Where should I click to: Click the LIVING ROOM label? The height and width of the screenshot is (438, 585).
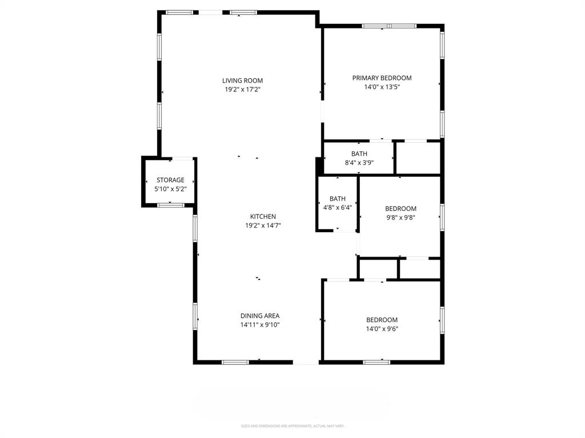pos(242,80)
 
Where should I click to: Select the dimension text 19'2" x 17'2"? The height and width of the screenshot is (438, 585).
pos(242,90)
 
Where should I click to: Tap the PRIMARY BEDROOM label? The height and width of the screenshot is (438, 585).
pos(382,78)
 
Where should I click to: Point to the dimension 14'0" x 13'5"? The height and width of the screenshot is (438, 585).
pos(382,87)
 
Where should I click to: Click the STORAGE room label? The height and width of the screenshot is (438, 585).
pos(170,180)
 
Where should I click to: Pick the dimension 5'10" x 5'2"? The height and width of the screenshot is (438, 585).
pos(170,189)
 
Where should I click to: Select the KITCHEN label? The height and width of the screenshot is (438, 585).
pos(263,217)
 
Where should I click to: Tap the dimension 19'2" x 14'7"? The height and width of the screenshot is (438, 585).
pos(263,226)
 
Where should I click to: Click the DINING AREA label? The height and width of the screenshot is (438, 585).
pos(259,316)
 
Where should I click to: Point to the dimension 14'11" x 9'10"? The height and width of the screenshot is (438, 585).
pos(259,325)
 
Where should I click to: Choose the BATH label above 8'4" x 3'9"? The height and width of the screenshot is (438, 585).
pos(359,154)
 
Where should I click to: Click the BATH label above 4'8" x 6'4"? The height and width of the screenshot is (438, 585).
pos(337,199)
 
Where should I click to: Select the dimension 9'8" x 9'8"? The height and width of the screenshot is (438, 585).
pos(400,217)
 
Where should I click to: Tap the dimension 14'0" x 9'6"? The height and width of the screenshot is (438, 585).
pos(382,329)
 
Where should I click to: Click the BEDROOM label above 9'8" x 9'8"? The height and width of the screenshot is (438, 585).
pos(400,209)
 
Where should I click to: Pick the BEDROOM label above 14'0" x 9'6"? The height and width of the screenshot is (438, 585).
pos(382,320)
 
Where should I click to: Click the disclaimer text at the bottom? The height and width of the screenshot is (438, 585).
pos(292,426)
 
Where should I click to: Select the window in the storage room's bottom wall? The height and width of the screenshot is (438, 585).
pos(170,205)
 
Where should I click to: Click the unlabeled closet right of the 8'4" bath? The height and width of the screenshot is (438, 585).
pos(418,157)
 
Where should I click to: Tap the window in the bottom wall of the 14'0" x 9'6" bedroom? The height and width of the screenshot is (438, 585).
pos(376,362)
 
